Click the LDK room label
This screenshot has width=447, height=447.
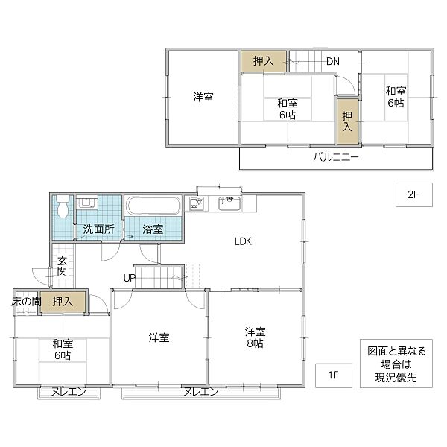click(244, 241)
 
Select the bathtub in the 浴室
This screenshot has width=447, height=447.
click(153, 206)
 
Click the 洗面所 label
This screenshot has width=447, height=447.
click(98, 229)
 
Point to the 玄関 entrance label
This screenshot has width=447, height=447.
click(62, 267)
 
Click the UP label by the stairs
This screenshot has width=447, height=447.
click(129, 278)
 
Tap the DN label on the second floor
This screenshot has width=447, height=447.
click(333, 62)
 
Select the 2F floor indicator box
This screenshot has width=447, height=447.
click(413, 195)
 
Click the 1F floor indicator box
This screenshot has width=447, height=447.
click(332, 374)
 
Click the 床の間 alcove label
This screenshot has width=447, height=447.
click(25, 302)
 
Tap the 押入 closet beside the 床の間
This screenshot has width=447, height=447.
click(63, 302)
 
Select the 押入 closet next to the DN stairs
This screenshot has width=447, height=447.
click(263, 62)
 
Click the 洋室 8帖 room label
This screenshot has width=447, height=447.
click(254, 337)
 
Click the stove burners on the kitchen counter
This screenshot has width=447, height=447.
click(197, 203)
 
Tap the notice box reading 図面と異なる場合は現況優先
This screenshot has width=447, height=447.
click(397, 364)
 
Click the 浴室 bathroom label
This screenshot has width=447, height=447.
click(152, 229)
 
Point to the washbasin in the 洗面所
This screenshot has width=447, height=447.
click(86, 203)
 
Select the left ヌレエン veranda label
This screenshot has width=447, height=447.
click(69, 391)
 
